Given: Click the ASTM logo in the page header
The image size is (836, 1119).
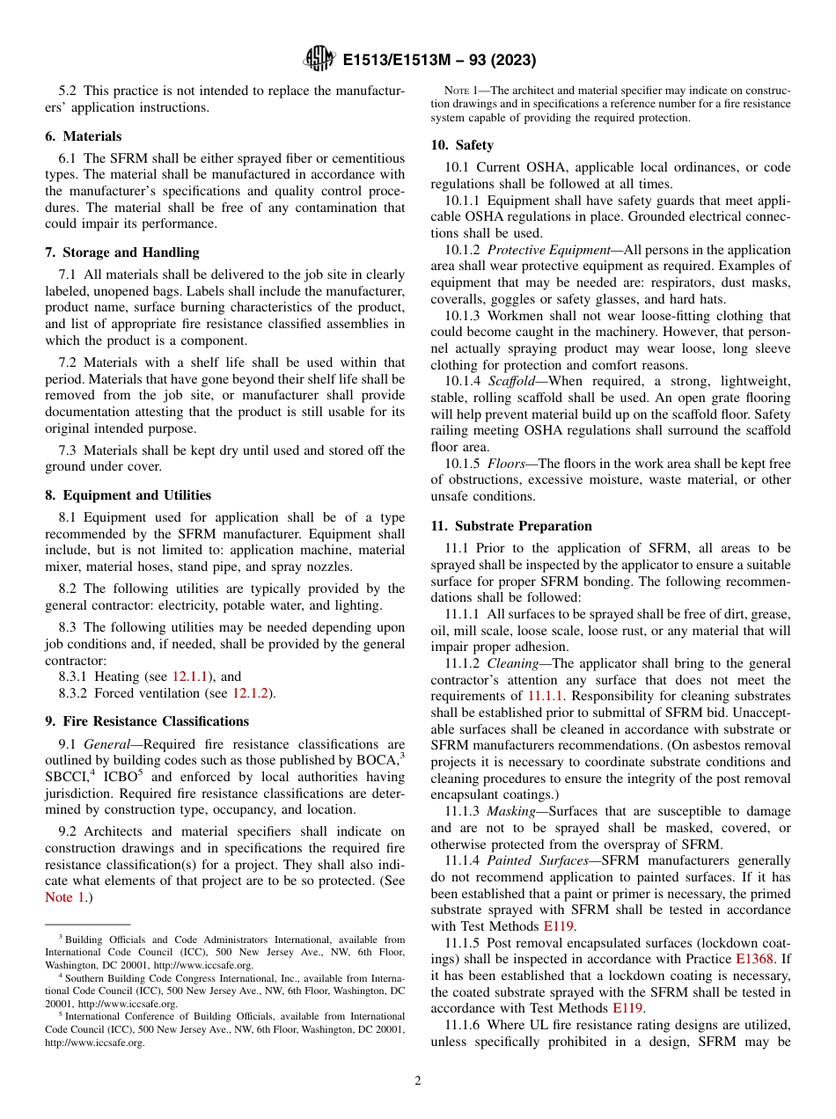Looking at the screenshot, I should [319, 59].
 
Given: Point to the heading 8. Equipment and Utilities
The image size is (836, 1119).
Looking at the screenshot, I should [128, 495].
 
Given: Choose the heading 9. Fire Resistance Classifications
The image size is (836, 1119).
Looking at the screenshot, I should [147, 721].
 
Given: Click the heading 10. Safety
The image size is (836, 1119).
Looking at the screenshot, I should [462, 145].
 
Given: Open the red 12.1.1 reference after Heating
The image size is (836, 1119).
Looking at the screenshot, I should [189, 677].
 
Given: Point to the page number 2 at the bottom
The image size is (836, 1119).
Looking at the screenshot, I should [418, 1081].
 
